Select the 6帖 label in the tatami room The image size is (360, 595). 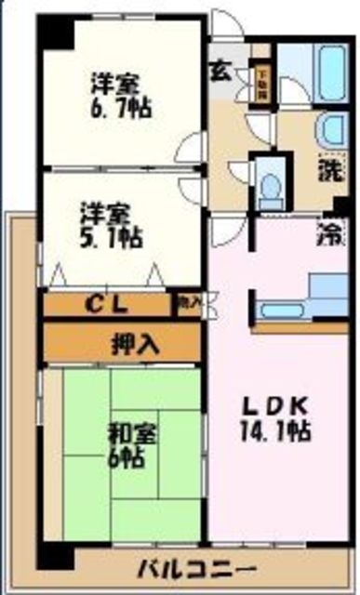tap(122, 458)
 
